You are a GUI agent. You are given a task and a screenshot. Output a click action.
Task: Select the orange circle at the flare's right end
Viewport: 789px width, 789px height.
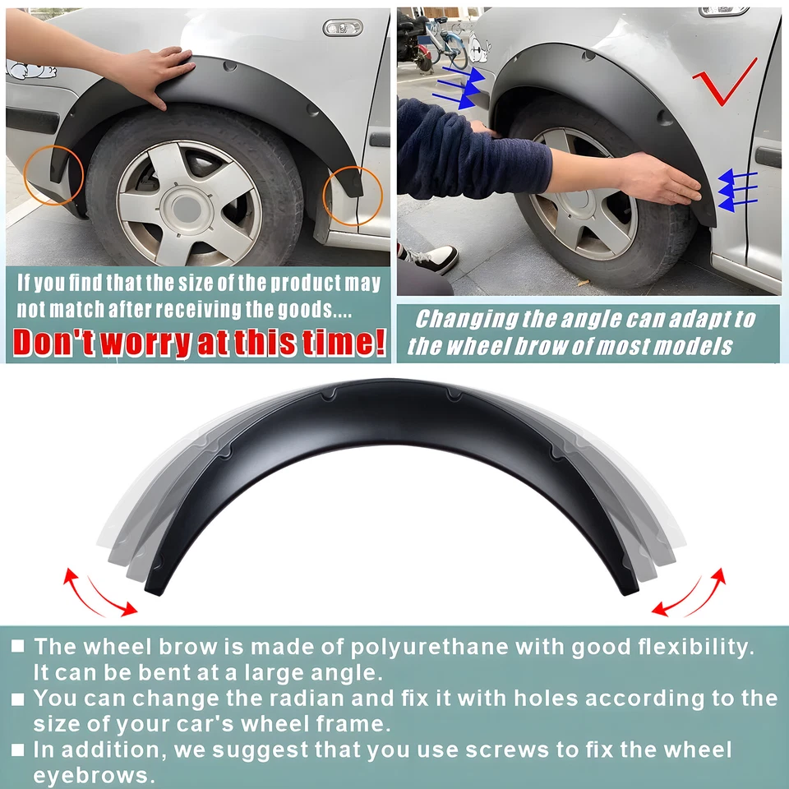352,196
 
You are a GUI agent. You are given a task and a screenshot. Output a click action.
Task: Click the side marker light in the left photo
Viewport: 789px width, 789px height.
342,28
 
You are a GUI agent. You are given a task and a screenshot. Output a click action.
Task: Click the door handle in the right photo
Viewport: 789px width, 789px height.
768,157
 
